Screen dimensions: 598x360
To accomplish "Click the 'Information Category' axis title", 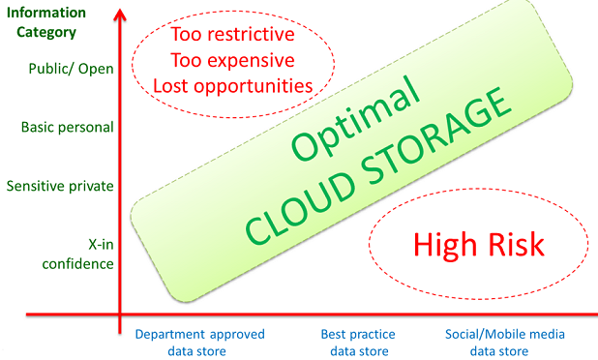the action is tap(46, 22).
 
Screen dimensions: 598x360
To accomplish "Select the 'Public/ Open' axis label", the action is tap(72, 69).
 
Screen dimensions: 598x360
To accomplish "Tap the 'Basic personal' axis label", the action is tap(68, 127).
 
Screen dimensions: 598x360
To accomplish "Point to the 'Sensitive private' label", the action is tap(60, 186).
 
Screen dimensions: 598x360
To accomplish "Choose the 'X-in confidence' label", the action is tap(77, 254).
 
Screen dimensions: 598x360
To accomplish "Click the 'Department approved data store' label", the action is tap(199, 343).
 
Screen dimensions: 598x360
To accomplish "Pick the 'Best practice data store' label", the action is tap(358, 343).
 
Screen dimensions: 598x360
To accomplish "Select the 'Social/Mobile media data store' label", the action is tap(504, 343).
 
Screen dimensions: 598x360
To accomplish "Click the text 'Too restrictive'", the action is tap(232, 34).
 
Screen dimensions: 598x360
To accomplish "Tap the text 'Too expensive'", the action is tap(232, 60).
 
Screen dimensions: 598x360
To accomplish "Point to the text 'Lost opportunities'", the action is tap(232, 86).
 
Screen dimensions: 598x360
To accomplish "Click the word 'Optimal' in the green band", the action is tap(355, 118).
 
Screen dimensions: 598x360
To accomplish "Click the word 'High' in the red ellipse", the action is tap(445, 245).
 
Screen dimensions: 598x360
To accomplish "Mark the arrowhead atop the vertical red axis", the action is tap(120, 15).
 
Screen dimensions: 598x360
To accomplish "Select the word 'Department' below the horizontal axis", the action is tap(165, 335).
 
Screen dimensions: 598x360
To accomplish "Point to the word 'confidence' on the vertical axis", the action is tap(77, 264).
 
